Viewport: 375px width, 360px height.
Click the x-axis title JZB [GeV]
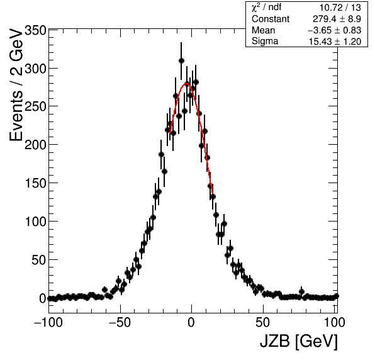click(299, 341)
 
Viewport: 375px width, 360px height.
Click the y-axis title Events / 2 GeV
click(16, 85)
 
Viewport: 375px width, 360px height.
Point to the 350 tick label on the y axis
click(35, 31)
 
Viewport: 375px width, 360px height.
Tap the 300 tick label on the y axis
click(35, 69)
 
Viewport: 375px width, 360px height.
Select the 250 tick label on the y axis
click(35, 107)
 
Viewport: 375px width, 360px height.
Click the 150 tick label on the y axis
click(35, 184)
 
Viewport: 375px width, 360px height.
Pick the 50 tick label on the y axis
click(39, 260)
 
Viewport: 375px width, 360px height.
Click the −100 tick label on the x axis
click(48, 323)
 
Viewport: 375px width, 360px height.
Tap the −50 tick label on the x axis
click(120, 323)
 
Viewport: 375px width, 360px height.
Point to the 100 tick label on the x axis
click(334, 323)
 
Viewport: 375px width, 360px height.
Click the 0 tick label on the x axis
click(191, 323)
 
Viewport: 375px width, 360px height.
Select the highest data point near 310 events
click(181, 61)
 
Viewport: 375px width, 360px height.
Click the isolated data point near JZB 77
click(301, 291)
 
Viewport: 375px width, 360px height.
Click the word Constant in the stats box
click(271, 19)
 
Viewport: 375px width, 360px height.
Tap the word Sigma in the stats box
click(265, 42)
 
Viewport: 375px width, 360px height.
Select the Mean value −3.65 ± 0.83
click(334, 30)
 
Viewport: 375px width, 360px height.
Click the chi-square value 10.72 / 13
click(340, 8)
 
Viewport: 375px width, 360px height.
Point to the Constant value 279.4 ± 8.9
click(337, 19)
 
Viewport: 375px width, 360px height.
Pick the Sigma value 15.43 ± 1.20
click(335, 42)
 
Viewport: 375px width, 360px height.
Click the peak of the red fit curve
click(186, 84)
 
